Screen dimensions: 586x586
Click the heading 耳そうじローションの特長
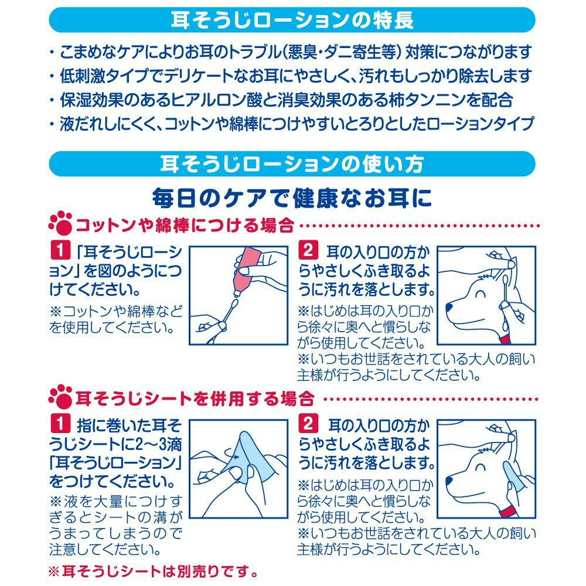[x=292, y=20]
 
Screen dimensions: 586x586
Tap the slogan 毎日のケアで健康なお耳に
[x=292, y=197]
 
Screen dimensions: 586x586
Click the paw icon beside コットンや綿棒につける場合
[x=60, y=223]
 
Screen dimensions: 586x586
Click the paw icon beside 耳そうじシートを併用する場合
[x=60, y=397]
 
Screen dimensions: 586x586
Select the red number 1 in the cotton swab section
[x=60, y=250]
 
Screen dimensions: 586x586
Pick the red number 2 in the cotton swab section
[x=308, y=250]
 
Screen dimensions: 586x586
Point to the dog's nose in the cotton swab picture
[x=449, y=308]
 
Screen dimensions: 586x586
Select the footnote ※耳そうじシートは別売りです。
[x=154, y=571]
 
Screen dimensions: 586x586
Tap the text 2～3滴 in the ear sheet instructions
[x=153, y=444]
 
